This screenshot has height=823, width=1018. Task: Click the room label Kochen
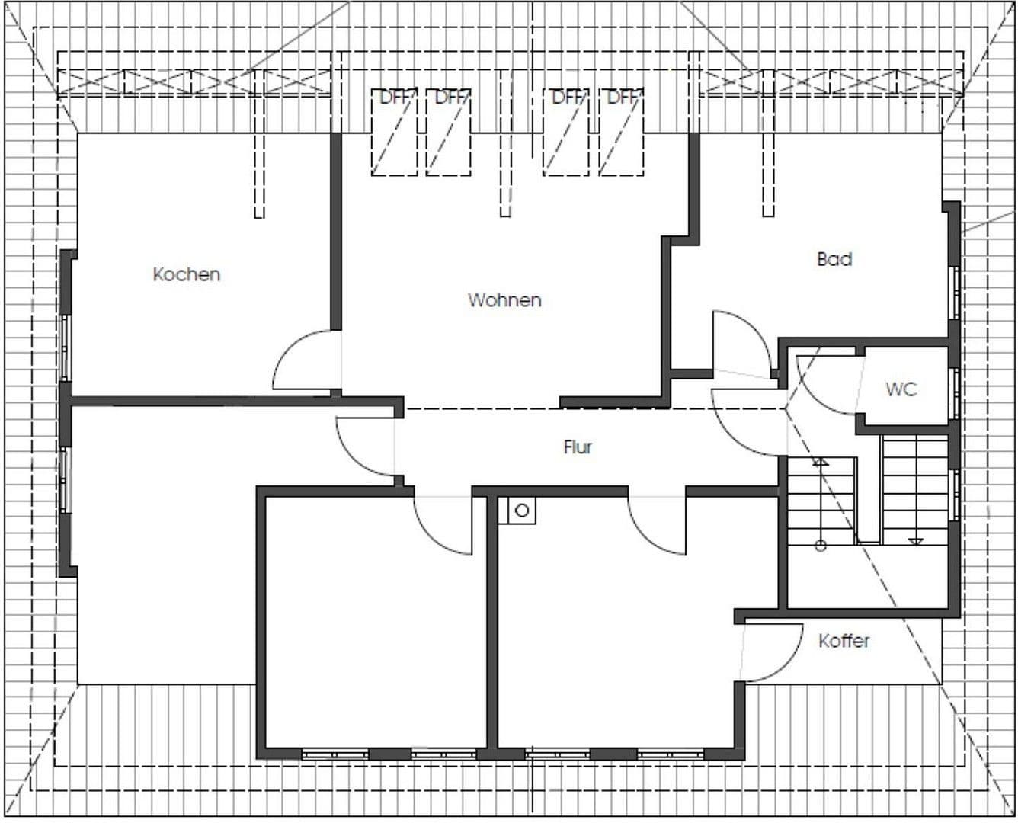point(187,274)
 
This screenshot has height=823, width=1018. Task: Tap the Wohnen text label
point(504,300)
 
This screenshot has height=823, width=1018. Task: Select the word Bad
point(834,259)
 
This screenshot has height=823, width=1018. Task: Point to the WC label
point(901,389)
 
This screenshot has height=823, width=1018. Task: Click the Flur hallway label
point(578,447)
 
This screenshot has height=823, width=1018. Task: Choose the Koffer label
point(844,641)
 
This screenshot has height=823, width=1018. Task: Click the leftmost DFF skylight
point(394,132)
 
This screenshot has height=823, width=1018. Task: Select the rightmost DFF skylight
point(621,132)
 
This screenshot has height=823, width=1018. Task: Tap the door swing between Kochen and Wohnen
point(305,362)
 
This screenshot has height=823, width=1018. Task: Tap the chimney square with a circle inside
point(522,511)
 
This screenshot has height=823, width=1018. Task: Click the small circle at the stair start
point(820,545)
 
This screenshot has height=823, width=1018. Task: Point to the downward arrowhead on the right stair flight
point(915,542)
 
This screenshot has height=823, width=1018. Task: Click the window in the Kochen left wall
point(66,347)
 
